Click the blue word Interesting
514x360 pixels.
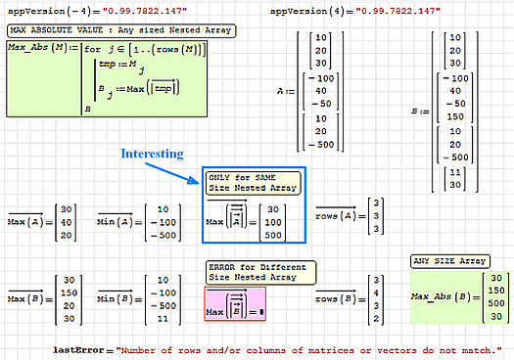click(x=151, y=154)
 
